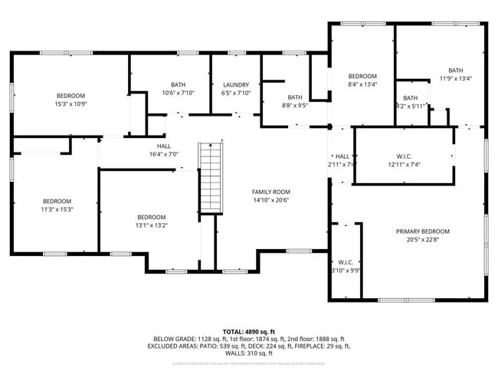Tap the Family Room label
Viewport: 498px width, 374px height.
pyautogui.click(x=271, y=192)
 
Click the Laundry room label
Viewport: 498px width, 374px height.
pyautogui.click(x=235, y=84)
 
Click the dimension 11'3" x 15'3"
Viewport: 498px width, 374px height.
pyautogui.click(x=56, y=208)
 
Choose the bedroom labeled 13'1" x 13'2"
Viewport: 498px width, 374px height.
pyautogui.click(x=151, y=225)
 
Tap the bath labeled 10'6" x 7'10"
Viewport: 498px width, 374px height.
pyautogui.click(x=178, y=89)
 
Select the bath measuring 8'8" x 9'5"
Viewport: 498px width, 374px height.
pyautogui.click(x=294, y=101)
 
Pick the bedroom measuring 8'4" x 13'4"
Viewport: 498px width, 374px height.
pyautogui.click(x=362, y=80)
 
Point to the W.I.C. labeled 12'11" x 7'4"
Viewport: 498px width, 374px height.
pyautogui.click(x=404, y=159)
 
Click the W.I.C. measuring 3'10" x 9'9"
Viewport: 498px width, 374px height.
pyautogui.click(x=345, y=265)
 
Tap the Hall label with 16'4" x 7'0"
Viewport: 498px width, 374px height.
pyautogui.click(x=164, y=149)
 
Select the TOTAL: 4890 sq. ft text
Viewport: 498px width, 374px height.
pyautogui.click(x=248, y=330)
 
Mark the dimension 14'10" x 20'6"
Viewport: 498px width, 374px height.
pyautogui.click(x=271, y=200)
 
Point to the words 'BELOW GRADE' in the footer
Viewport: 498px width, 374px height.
pyautogui.click(x=172, y=338)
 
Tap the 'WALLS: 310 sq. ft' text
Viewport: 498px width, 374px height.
pyautogui.click(x=248, y=353)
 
